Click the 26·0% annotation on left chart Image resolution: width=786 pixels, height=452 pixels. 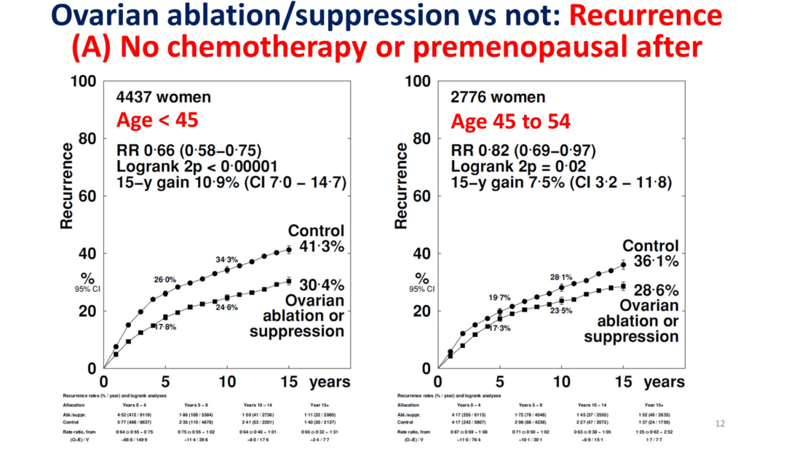click(x=164, y=279)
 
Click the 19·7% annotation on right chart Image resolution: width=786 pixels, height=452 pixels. click(x=500, y=298)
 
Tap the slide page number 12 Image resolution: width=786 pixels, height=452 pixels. click(x=721, y=422)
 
